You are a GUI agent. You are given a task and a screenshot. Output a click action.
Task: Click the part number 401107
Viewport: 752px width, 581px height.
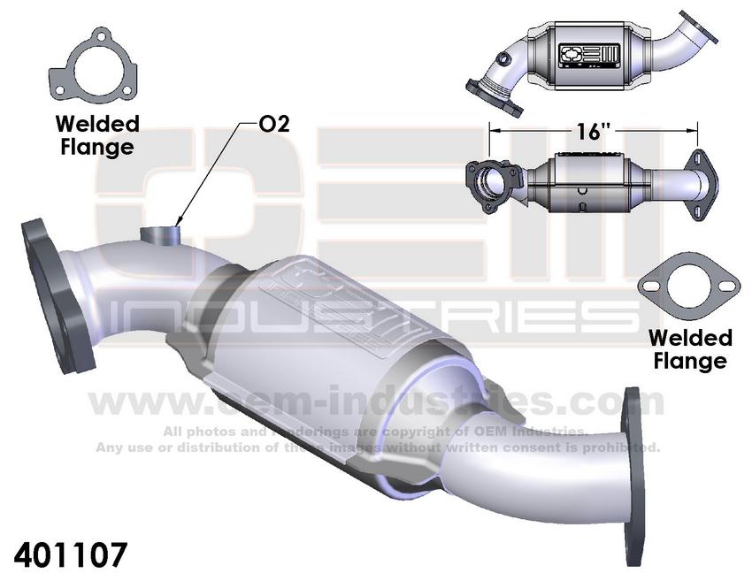tap(72, 554)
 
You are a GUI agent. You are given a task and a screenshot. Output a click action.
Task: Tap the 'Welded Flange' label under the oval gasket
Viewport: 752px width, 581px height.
tap(690, 349)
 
